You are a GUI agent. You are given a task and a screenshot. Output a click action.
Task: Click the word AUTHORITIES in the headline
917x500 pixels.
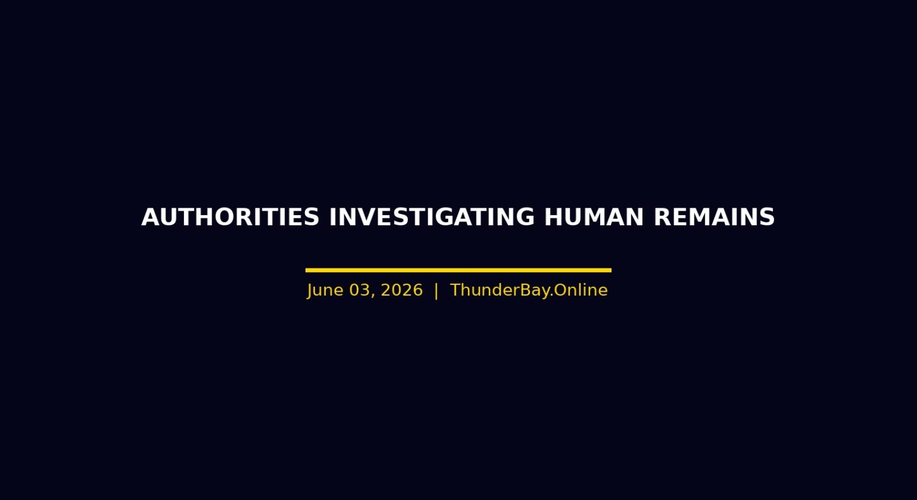pyautogui.click(x=230, y=217)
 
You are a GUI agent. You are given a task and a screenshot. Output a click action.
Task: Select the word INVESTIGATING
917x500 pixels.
pyautogui.click(x=432, y=217)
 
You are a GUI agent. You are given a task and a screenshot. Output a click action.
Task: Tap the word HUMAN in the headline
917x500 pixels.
pyautogui.click(x=594, y=217)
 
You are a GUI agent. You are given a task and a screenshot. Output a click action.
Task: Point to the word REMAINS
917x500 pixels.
pyautogui.click(x=715, y=217)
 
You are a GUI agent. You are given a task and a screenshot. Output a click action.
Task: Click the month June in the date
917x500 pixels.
pyautogui.click(x=325, y=290)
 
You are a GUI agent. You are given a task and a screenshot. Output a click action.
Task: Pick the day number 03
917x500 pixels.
pyautogui.click(x=359, y=290)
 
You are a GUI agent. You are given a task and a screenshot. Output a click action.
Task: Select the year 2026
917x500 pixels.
pyautogui.click(x=402, y=290)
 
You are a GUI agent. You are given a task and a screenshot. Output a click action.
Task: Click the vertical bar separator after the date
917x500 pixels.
pyautogui.click(x=436, y=291)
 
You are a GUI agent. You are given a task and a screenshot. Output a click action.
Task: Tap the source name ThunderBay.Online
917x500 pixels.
pyautogui.click(x=529, y=290)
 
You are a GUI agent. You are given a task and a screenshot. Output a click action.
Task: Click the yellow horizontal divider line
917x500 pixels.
pyautogui.click(x=458, y=270)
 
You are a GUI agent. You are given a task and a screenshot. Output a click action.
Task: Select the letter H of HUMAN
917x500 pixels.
pyautogui.click(x=553, y=217)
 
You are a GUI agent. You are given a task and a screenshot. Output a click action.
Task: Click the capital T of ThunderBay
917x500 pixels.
pyautogui.click(x=456, y=290)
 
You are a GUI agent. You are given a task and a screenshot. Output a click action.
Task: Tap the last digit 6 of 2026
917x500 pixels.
pyautogui.click(x=418, y=290)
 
